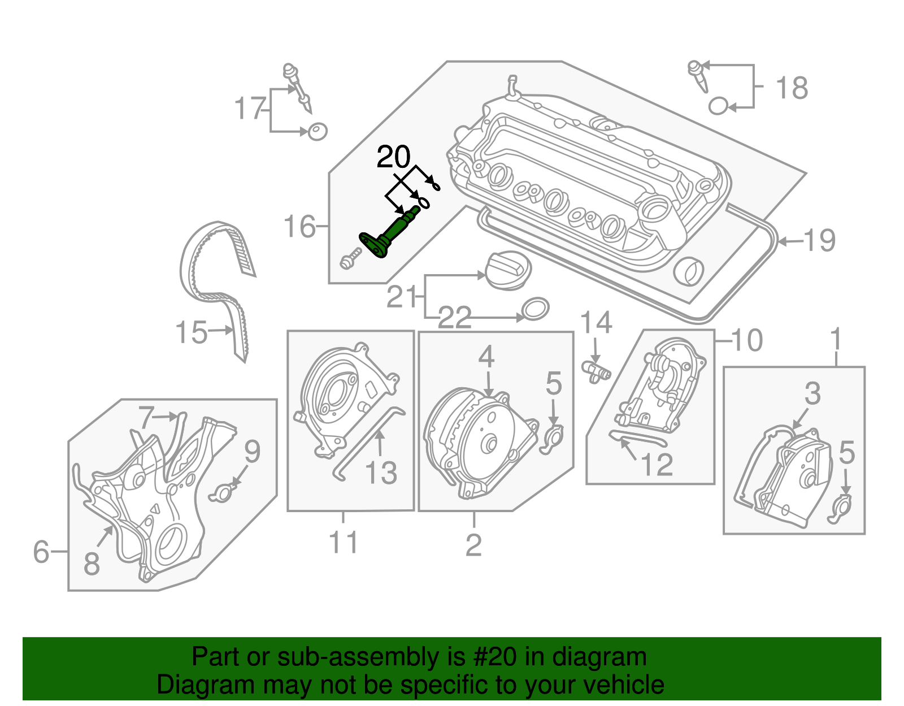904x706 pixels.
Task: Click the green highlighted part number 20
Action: pyautogui.click(x=390, y=235)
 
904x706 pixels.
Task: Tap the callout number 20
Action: pyautogui.click(x=393, y=157)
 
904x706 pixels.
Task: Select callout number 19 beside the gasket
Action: pyautogui.click(x=819, y=241)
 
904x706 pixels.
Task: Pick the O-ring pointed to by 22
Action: pyautogui.click(x=534, y=309)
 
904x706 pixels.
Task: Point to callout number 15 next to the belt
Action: pyautogui.click(x=191, y=332)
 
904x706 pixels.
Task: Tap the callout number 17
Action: pyautogui.click(x=250, y=109)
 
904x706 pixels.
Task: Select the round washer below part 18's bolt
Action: pyautogui.click(x=718, y=106)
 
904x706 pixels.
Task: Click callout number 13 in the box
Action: pyautogui.click(x=381, y=473)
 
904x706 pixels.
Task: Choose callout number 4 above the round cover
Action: pyautogui.click(x=486, y=357)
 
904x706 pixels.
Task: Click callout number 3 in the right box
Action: pyautogui.click(x=812, y=393)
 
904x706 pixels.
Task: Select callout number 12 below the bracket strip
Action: pyautogui.click(x=657, y=465)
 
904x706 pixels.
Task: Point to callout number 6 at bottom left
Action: pyautogui.click(x=41, y=552)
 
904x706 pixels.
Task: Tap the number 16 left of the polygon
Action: pyautogui.click(x=299, y=227)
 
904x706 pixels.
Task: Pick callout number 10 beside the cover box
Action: pyautogui.click(x=747, y=340)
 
